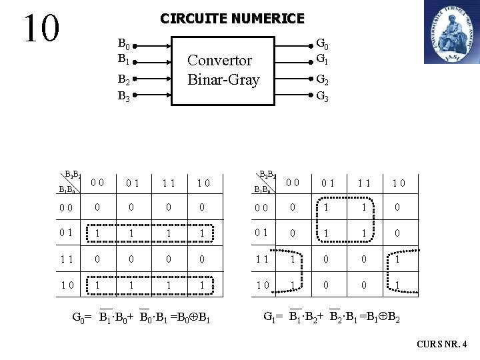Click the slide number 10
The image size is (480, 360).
[41, 27]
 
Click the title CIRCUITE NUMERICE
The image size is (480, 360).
[232, 19]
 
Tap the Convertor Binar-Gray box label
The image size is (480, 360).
[223, 70]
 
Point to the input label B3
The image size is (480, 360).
[123, 95]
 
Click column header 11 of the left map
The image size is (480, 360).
[169, 182]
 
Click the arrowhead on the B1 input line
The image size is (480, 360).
[167, 59]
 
